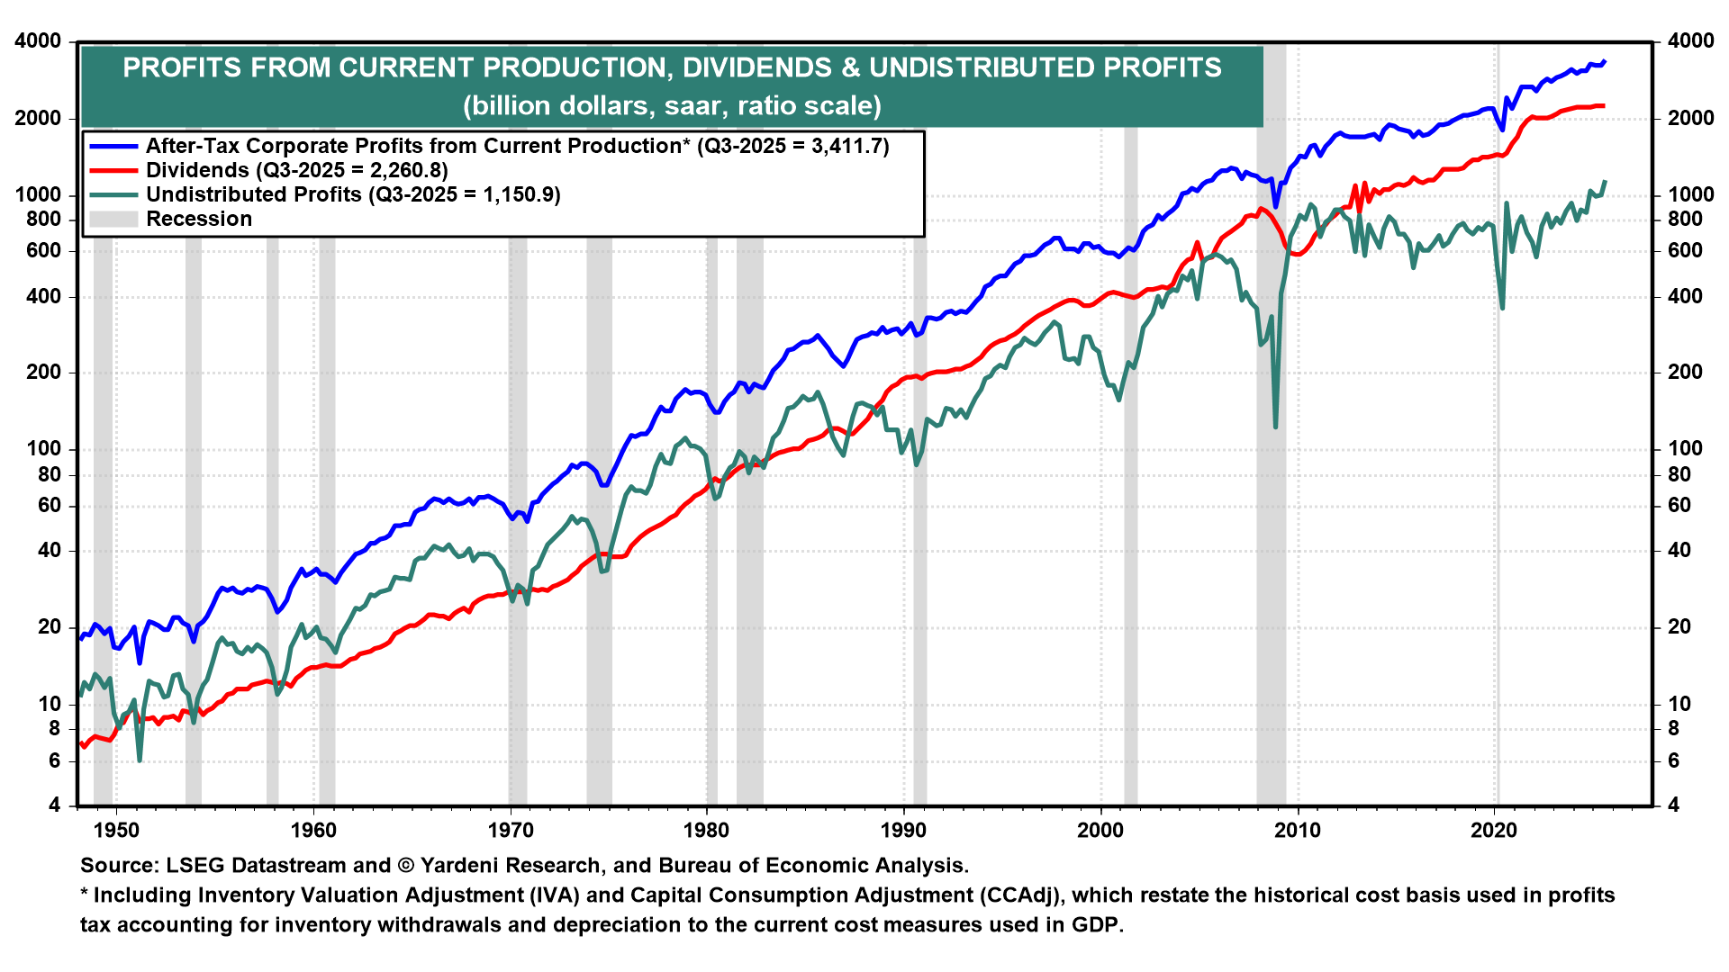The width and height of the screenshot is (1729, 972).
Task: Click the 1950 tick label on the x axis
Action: (x=117, y=830)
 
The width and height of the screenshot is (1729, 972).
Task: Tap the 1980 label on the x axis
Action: (x=707, y=830)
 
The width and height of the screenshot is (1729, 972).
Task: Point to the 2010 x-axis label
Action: (x=1298, y=830)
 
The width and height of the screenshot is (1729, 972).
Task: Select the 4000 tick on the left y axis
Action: (x=37, y=41)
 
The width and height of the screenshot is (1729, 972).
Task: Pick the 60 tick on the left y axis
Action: (x=50, y=506)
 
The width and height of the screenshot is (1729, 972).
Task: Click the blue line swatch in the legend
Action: (x=113, y=147)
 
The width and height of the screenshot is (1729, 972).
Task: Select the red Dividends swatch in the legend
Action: (x=113, y=171)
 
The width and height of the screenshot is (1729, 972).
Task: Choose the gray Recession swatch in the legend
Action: (x=113, y=220)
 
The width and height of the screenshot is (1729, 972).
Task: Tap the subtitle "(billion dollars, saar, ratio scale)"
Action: (x=672, y=106)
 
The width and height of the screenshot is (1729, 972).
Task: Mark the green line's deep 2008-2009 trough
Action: (x=1275, y=427)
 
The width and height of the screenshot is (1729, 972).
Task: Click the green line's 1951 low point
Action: (x=140, y=760)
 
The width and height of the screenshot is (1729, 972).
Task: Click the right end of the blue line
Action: (x=1605, y=61)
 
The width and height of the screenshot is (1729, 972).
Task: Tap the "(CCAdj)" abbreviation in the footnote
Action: (x=1018, y=895)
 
